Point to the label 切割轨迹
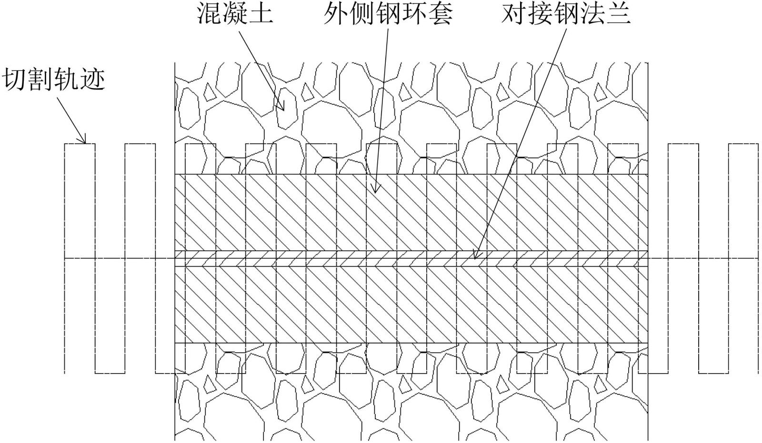click(x=54, y=79)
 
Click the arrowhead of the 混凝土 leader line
click(x=284, y=109)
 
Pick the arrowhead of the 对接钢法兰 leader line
click(x=474, y=257)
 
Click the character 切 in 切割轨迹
click(x=15, y=79)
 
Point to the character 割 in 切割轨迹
click(x=41, y=79)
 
